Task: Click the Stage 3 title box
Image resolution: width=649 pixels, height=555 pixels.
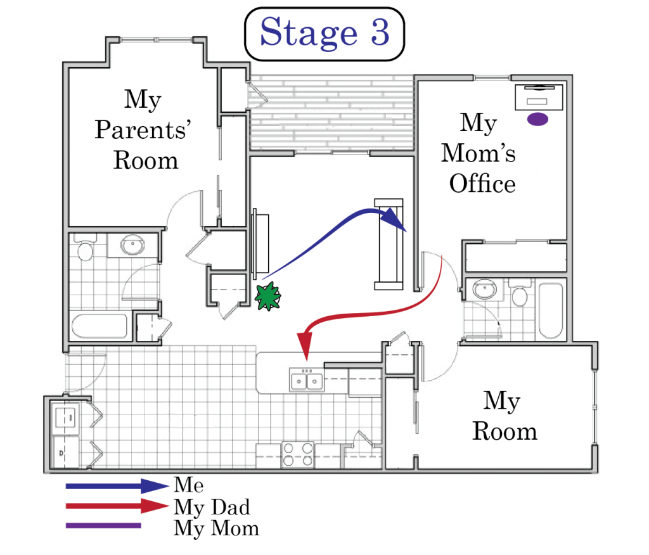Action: (x=324, y=34)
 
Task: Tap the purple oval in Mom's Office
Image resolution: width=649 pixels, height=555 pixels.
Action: (x=537, y=119)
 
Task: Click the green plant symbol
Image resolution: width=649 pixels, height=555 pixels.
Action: (x=267, y=296)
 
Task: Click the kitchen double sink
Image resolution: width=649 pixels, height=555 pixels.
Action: (x=306, y=380)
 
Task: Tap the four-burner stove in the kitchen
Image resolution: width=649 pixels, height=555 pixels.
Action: (x=298, y=454)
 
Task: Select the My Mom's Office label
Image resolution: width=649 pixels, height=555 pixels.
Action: (x=479, y=153)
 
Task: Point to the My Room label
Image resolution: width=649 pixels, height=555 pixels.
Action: (x=504, y=416)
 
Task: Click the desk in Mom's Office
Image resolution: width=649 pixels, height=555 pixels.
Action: (x=539, y=98)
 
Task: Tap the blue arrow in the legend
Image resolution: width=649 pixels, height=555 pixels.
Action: (x=117, y=486)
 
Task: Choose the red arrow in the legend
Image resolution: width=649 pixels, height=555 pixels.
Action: (x=117, y=506)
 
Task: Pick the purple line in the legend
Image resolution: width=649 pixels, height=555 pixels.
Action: (x=103, y=526)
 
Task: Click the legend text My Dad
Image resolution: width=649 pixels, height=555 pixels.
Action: (x=212, y=507)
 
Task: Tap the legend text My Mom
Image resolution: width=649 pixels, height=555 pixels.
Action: (x=217, y=528)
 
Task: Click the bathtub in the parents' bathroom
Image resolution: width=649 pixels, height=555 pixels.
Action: (x=100, y=326)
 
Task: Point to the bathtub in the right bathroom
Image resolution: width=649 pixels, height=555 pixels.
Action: (x=551, y=310)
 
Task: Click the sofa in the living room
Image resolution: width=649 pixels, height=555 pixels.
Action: (x=389, y=244)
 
